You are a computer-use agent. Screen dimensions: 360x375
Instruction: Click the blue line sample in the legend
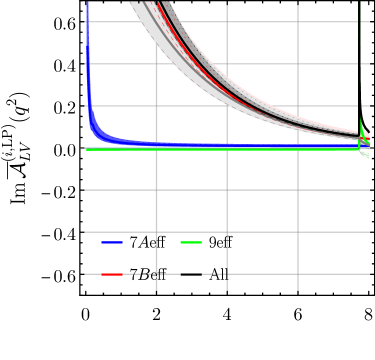point(112,243)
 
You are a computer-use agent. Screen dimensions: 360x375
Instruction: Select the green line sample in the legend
point(191,243)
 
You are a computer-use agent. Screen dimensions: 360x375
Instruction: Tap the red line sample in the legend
point(112,274)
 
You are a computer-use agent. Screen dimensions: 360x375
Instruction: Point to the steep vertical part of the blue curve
point(88,60)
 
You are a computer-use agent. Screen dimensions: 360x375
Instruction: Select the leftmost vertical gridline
point(156,200)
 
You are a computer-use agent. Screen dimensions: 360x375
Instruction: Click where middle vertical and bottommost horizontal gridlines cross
point(227,273)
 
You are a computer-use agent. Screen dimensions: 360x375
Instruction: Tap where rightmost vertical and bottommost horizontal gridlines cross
point(298,273)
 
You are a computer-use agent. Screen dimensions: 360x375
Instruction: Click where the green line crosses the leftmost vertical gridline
point(156,149)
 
